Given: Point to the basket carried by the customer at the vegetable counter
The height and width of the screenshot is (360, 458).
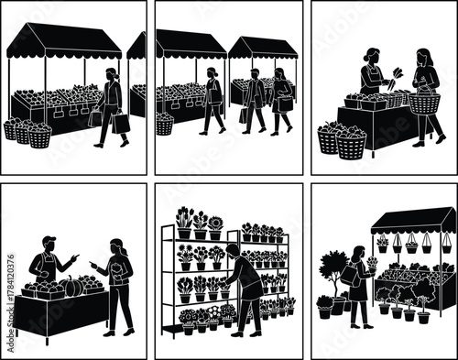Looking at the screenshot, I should [424, 103].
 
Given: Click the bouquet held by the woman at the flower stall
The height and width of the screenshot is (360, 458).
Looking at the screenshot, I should [372, 264].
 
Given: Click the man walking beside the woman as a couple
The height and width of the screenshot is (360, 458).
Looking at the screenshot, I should [254, 99].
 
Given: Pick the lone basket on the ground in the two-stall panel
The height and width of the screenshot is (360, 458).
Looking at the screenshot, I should [165, 125].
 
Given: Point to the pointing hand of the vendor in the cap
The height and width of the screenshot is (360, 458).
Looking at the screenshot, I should [75, 257].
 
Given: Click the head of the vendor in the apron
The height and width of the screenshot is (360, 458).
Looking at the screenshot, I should [374, 56].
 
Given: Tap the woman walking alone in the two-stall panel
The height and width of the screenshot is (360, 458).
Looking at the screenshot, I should [213, 99].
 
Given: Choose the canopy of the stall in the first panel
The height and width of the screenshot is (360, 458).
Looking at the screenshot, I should [64, 41].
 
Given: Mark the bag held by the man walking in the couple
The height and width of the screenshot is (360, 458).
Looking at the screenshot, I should [245, 115].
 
